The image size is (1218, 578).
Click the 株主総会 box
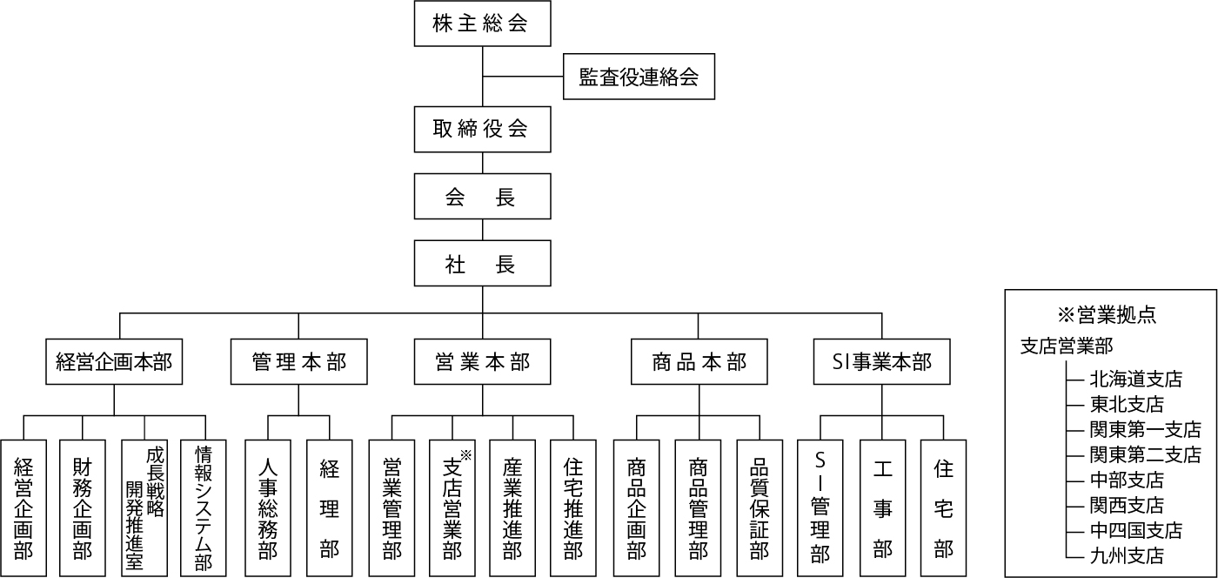coord(482,24)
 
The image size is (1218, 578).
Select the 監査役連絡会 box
coord(639,77)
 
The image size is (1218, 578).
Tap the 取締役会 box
coord(482,129)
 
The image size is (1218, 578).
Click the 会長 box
coord(482,197)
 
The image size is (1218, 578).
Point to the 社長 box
coord(482,264)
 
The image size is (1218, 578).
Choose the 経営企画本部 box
coord(114,362)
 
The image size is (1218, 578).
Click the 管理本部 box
coord(298,362)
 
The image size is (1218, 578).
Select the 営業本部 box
coord(482,362)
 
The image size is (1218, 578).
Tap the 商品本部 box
coord(699,362)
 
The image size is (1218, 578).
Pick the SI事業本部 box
coord(882,362)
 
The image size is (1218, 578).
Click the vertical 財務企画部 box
coord(82,508)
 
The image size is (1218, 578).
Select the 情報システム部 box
coord(204,508)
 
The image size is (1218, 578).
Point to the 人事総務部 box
coord(268,508)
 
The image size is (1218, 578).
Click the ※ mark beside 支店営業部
coord(466,455)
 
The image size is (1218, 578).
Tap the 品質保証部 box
coord(760,508)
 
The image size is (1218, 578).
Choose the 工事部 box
coord(882,508)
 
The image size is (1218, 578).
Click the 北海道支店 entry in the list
coord(1136,380)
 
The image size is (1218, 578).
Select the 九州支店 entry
coord(1127,555)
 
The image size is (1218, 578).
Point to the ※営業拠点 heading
coord(1107,315)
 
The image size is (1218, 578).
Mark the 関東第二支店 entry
coord(1145,454)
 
